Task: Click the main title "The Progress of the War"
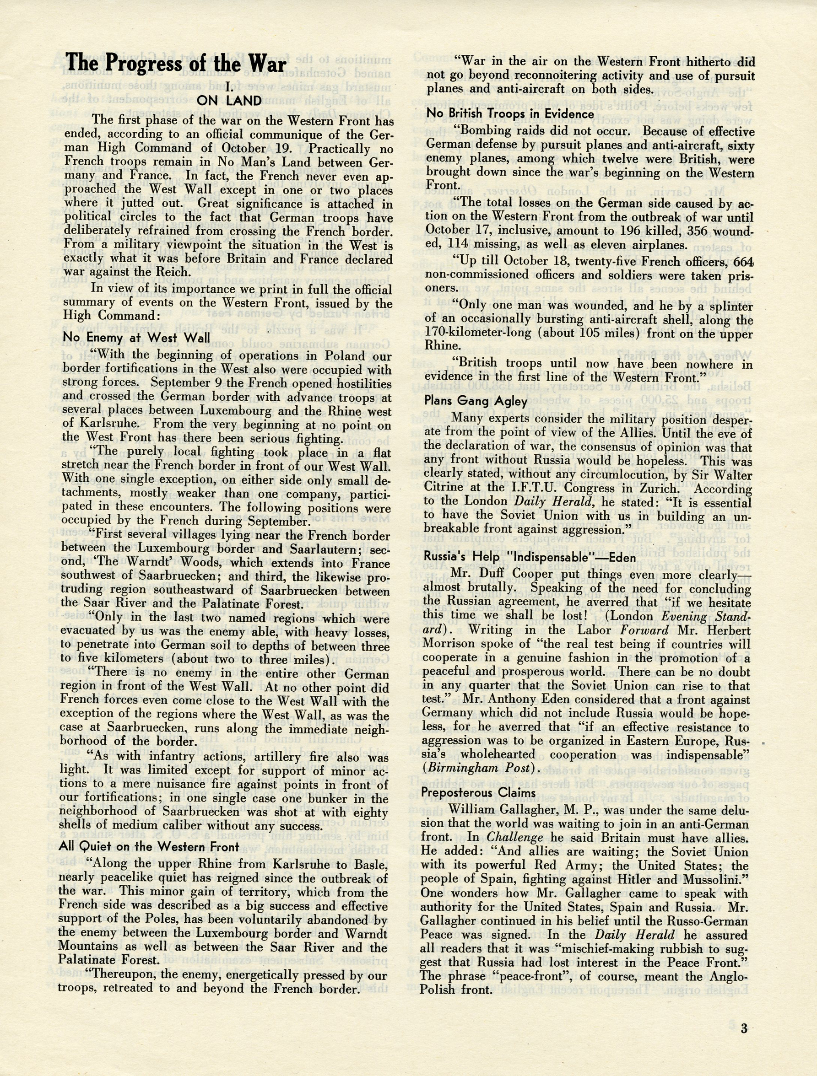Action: (x=176, y=63)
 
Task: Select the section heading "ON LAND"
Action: (x=229, y=101)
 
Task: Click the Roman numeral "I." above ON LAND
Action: (x=230, y=87)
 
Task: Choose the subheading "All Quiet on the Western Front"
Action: (x=149, y=846)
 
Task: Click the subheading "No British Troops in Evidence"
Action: (x=510, y=114)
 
